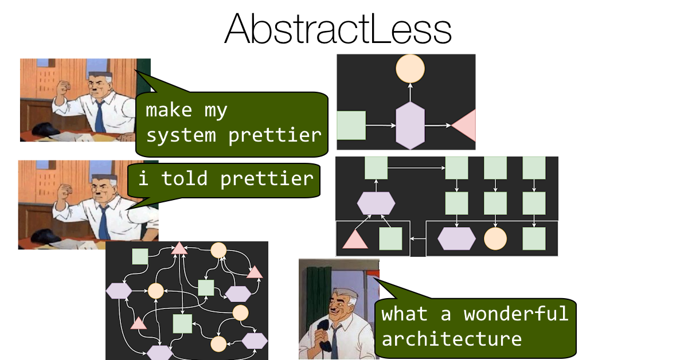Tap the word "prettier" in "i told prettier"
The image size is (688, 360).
(267, 178)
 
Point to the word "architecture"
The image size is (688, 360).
(451, 339)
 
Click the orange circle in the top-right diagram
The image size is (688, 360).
(410, 69)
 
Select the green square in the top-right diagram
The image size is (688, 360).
(351, 126)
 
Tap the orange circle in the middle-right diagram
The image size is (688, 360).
(495, 238)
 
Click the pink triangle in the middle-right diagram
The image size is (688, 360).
(355, 238)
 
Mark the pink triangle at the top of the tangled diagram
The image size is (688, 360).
(179, 248)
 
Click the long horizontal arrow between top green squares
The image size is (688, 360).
(416, 168)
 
